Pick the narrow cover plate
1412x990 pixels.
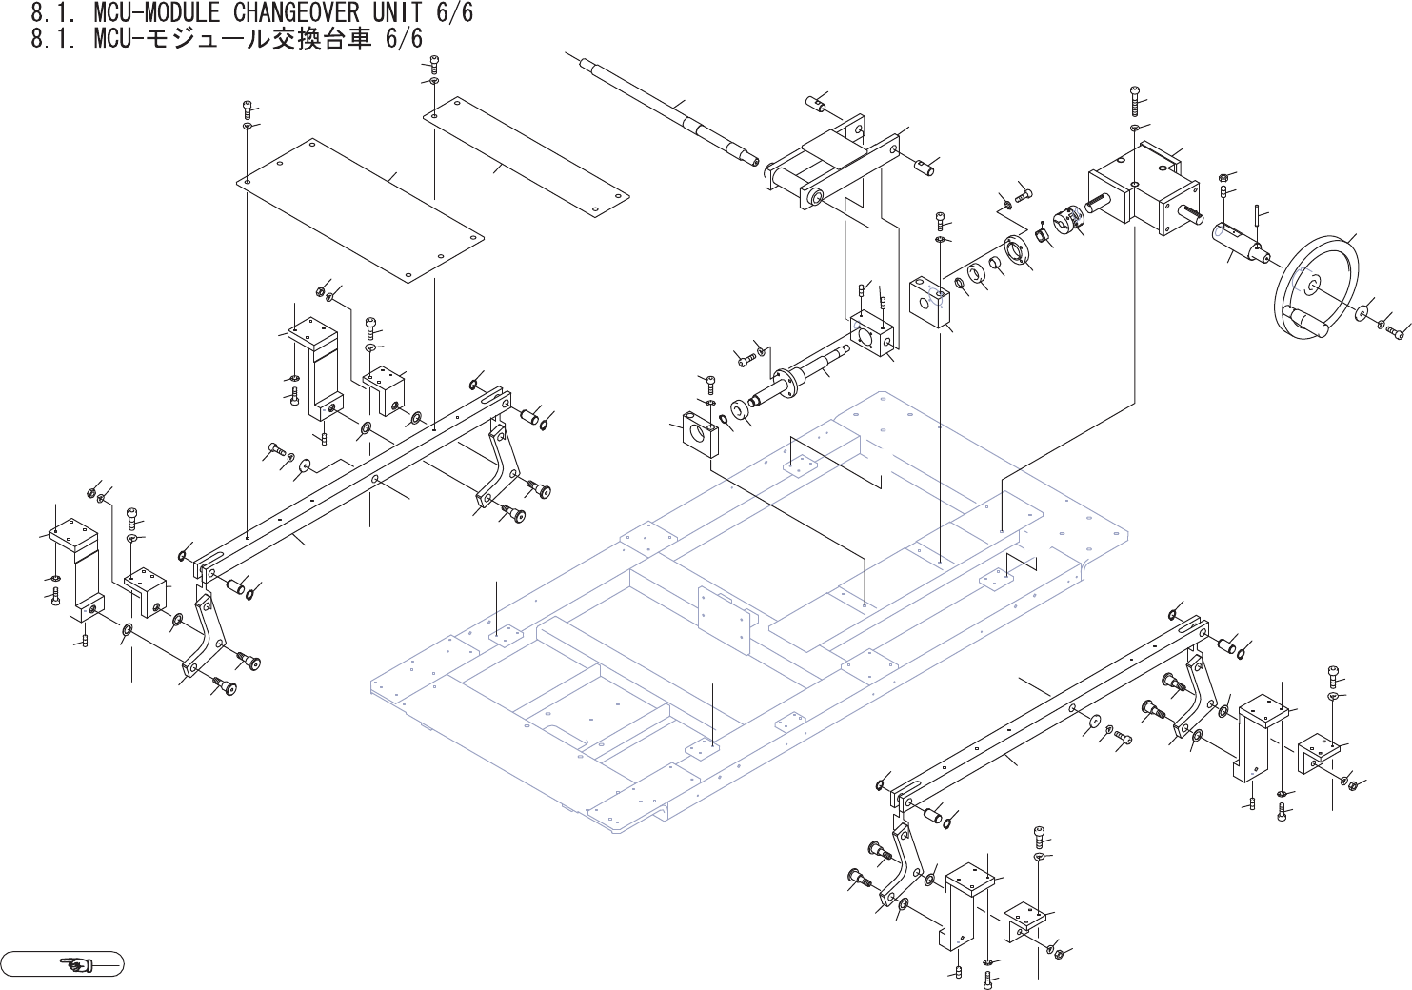tap(527, 156)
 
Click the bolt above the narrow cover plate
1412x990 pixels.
tap(434, 64)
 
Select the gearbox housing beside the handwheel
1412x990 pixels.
tap(1138, 186)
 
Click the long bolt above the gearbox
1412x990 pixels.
tap(1135, 99)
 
